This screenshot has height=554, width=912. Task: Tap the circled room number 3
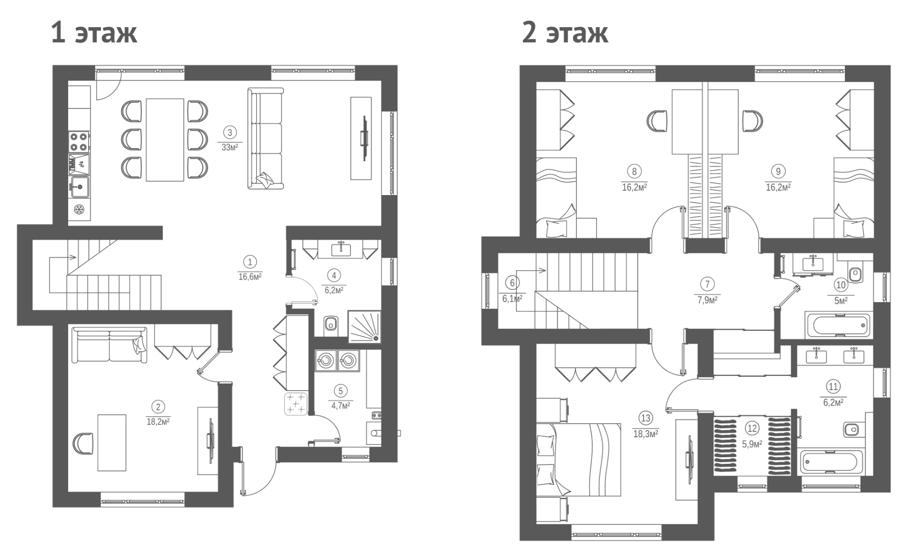(x=230, y=133)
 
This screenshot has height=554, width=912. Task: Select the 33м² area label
(x=230, y=147)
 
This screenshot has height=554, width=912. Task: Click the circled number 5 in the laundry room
(x=341, y=392)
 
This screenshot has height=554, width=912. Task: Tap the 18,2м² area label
(x=158, y=422)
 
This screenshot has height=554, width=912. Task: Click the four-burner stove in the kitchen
(x=79, y=141)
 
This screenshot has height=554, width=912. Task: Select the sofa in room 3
(x=265, y=138)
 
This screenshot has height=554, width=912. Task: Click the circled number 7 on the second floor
(x=707, y=284)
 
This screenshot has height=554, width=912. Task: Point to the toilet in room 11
(x=852, y=428)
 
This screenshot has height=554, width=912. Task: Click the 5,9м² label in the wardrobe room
(x=752, y=443)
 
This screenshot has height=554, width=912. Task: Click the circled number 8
(x=634, y=172)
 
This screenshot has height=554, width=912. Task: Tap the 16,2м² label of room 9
(x=778, y=187)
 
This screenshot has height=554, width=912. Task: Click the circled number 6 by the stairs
(x=512, y=283)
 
